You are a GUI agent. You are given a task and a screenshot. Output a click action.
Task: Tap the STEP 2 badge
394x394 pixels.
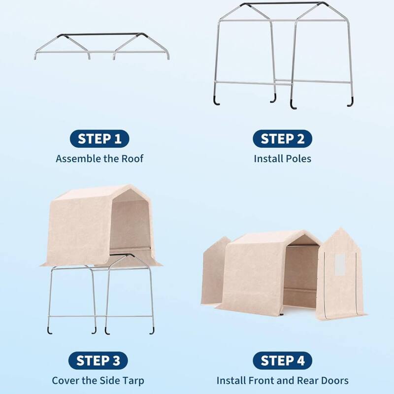click(282, 139)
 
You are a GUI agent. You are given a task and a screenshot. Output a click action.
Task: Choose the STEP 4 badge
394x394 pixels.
click(282, 361)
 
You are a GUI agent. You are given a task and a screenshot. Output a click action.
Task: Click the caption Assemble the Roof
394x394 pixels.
click(99, 159)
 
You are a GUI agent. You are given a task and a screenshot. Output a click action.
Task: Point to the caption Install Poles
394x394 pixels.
click(282, 159)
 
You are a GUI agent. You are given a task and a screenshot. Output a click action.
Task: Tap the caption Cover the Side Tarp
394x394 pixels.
click(98, 381)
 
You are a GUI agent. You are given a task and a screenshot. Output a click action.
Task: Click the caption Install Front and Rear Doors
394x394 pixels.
click(282, 381)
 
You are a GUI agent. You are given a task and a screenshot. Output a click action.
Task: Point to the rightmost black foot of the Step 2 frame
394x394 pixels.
click(350, 102)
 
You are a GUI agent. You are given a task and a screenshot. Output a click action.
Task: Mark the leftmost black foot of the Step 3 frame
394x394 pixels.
click(49, 328)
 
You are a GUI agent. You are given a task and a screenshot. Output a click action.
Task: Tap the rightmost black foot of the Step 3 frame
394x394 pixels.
click(152, 329)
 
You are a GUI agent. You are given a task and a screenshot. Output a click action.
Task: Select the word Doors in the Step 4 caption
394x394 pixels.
click(334, 381)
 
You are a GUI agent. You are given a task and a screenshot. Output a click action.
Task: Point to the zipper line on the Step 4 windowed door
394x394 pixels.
click(326, 291)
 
